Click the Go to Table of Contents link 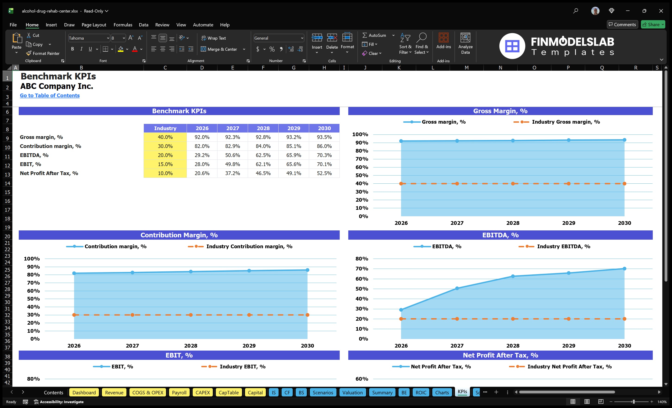click(x=50, y=95)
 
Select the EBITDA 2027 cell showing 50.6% click(x=232, y=155)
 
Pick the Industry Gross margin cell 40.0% click(x=165, y=137)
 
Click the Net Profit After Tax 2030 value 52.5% click(x=324, y=173)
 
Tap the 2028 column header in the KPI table click(x=263, y=128)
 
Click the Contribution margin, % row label click(x=50, y=146)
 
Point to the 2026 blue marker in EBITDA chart click(x=401, y=310)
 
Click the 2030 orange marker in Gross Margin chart click(x=624, y=184)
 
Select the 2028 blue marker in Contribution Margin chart click(x=191, y=272)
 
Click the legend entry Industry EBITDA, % click(x=563, y=247)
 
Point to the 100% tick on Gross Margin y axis click(x=360, y=135)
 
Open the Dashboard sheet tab click(x=84, y=392)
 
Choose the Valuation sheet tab click(x=352, y=392)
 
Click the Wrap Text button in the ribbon click(x=214, y=38)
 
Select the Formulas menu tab click(x=123, y=25)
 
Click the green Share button click(x=653, y=25)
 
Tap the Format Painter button click(x=43, y=53)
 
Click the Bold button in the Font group click(x=72, y=49)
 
